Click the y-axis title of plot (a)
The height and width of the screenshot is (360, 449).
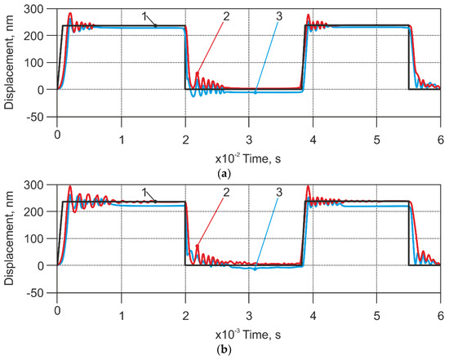[x=11, y=64]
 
